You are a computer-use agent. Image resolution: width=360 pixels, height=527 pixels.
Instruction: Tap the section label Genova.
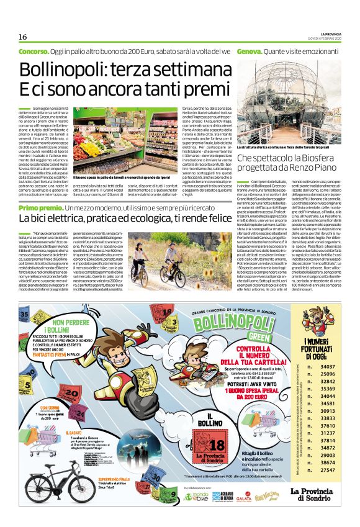(248, 50)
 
